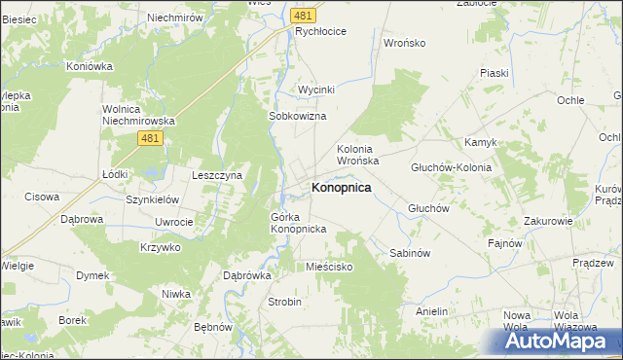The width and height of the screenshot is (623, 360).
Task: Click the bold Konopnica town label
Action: point(340,187)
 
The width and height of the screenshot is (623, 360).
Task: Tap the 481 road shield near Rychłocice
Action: point(303,15)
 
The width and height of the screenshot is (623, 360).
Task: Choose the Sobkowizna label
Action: point(296,115)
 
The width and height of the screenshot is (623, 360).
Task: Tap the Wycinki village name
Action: point(316,90)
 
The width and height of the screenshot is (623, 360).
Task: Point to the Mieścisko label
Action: point(329,267)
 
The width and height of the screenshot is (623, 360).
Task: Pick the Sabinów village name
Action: point(409,253)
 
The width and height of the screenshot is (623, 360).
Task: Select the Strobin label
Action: point(284,302)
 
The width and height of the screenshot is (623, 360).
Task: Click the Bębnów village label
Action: point(213,327)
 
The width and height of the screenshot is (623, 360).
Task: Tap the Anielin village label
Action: point(431,311)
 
